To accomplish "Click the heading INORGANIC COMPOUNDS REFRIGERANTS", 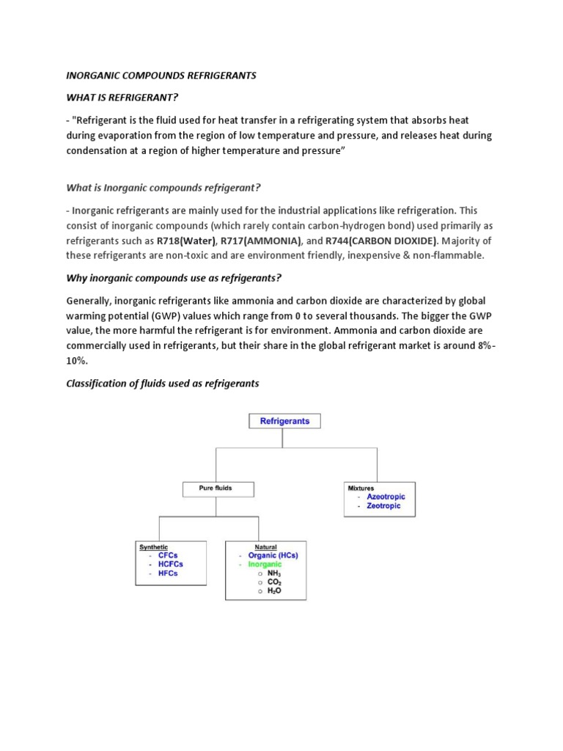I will click(x=161, y=76).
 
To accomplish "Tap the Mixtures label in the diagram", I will click(x=361, y=488).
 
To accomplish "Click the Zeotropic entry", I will click(x=383, y=506).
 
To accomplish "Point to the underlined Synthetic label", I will click(x=153, y=547).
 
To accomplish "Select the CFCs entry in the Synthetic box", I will click(x=168, y=556).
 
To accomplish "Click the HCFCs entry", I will click(x=170, y=565).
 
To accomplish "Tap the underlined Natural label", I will click(x=265, y=547).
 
